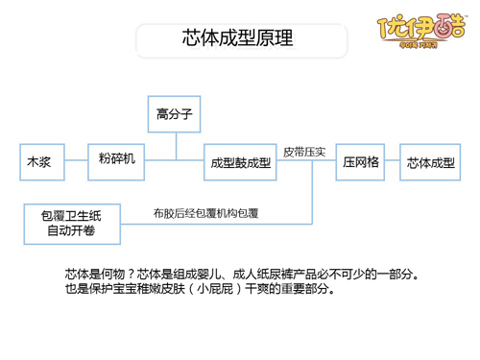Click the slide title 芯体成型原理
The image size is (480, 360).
tap(237, 39)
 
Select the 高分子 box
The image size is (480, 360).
tap(176, 114)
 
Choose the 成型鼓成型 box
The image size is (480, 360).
tap(240, 162)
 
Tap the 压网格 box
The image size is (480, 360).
tap(361, 162)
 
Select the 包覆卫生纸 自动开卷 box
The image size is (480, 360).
tap(73, 223)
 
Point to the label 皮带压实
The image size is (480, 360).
tap(305, 151)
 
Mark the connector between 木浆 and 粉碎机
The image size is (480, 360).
tap(77, 162)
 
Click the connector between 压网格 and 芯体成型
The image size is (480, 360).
tap(393, 162)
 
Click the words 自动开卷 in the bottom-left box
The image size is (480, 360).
tap(73, 231)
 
